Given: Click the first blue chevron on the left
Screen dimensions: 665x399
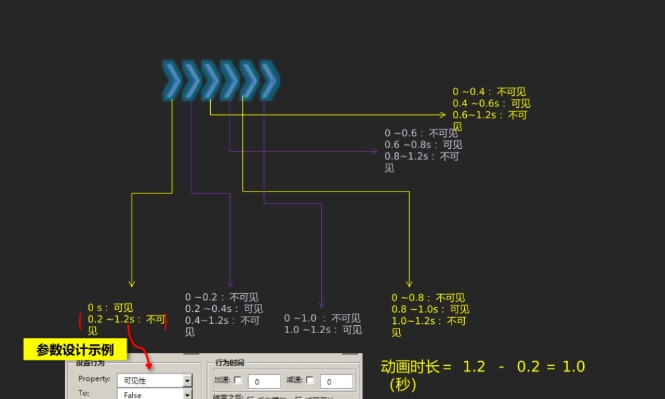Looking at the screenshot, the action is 172,80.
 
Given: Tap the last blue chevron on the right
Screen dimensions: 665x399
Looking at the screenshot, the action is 269,80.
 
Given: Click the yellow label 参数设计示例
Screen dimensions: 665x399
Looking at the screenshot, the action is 74,350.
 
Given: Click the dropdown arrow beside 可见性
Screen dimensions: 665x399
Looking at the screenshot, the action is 188,381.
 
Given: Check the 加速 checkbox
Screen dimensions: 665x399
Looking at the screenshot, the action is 238,380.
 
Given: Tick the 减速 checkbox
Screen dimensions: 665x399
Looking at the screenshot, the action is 310,380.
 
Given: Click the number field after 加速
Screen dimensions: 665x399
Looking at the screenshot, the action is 264,382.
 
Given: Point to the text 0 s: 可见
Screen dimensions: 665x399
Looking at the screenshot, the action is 110,308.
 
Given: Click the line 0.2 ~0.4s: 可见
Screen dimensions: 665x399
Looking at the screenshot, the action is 223,309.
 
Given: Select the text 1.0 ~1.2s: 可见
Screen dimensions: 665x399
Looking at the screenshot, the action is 323,330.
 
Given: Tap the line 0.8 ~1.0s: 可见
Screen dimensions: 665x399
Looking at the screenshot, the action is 430,309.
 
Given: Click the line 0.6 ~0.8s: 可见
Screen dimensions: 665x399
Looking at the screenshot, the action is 423,144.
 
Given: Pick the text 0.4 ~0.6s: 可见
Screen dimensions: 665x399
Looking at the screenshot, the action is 491,103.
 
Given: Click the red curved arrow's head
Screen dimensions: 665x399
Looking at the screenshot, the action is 148,366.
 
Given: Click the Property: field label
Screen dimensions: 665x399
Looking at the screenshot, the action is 94,379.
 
